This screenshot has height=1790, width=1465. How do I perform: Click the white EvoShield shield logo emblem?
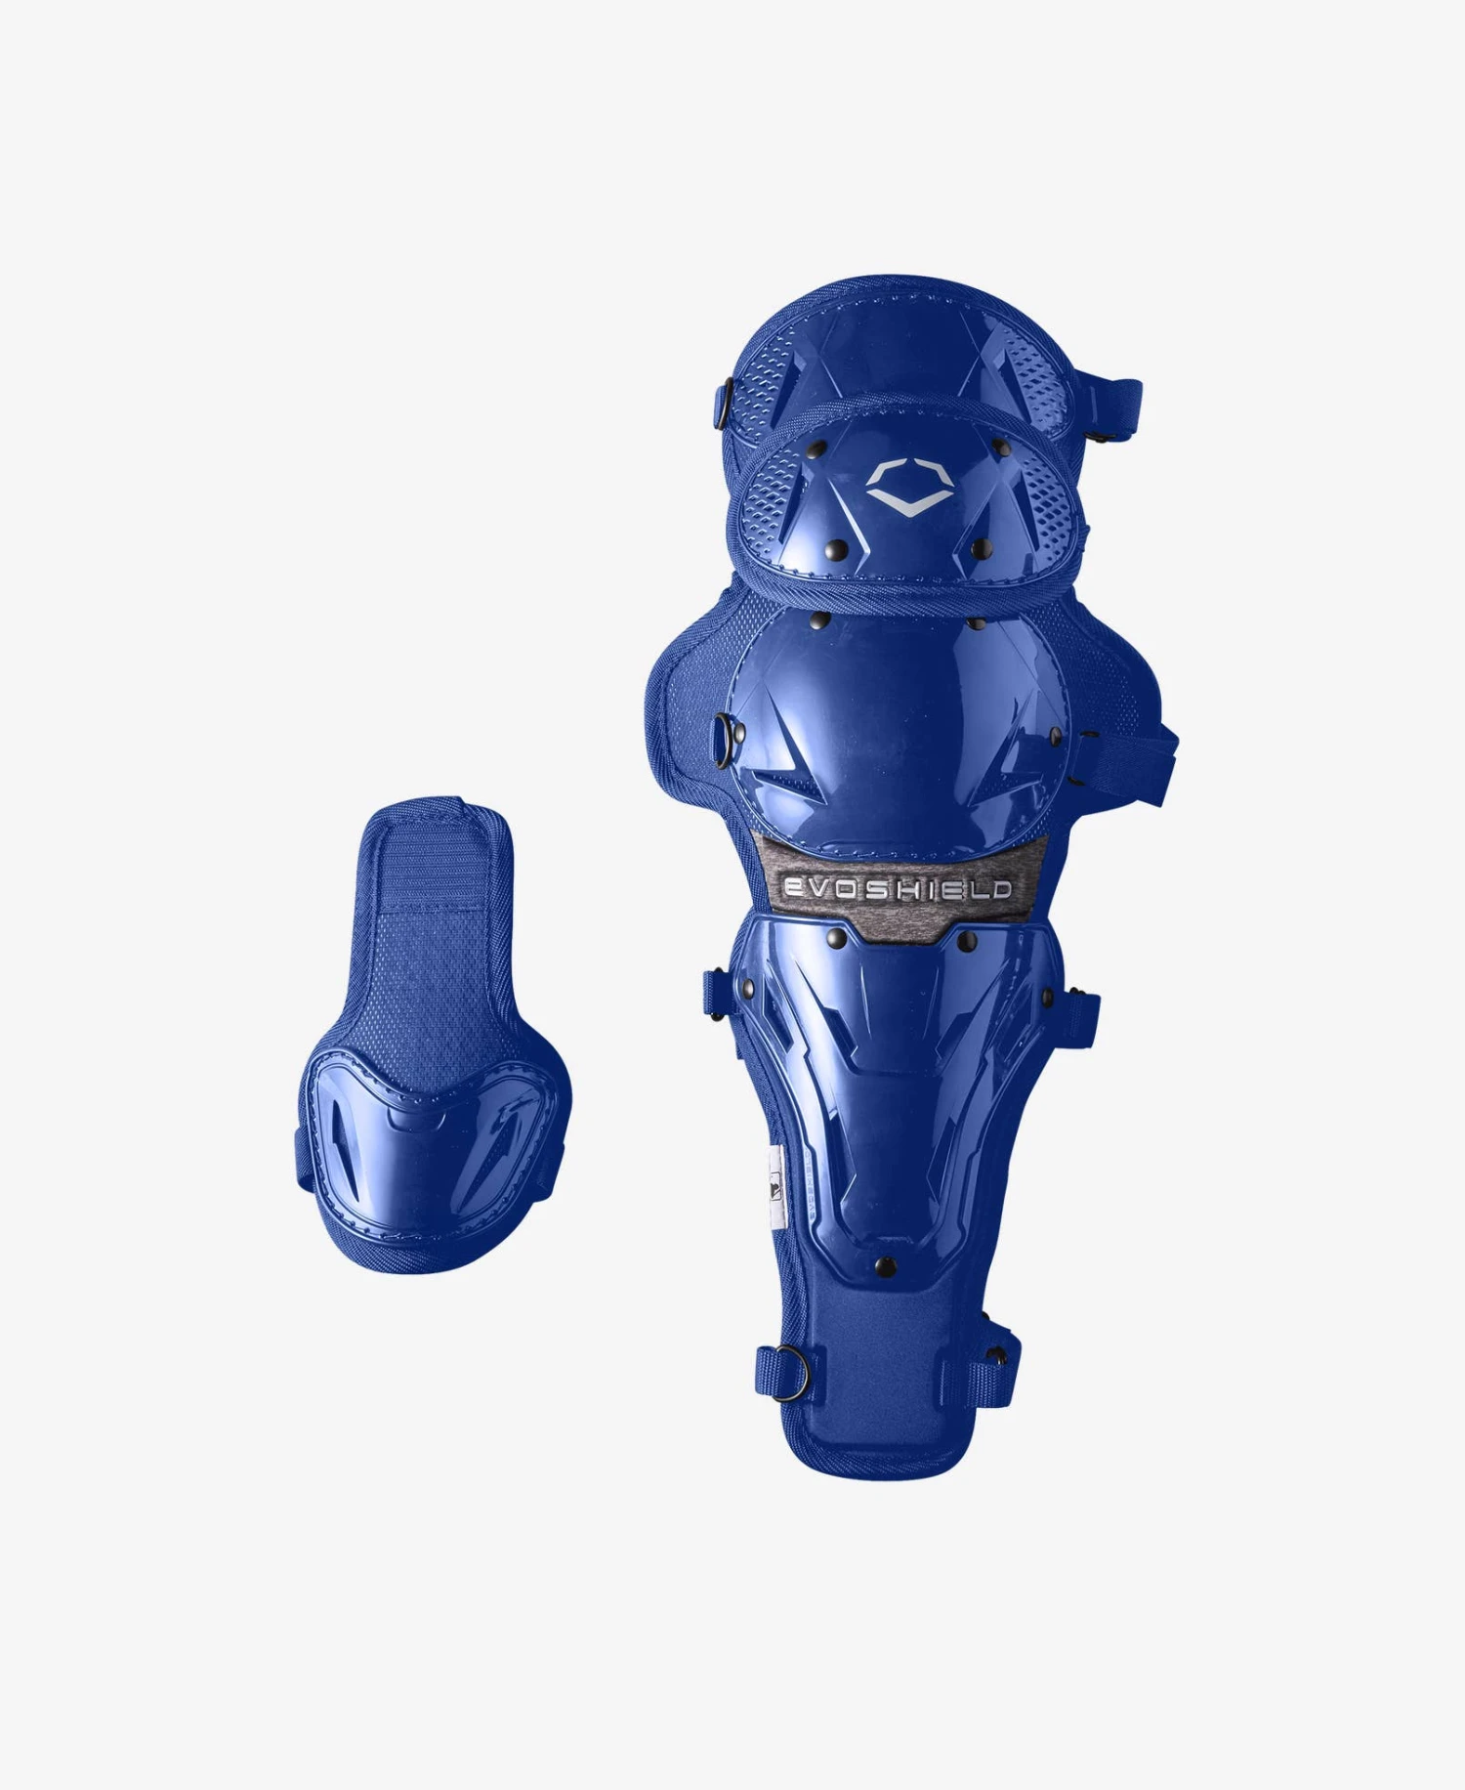[909, 487]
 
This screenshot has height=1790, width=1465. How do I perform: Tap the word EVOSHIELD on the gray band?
[898, 888]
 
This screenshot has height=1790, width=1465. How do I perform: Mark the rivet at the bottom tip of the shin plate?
[886, 1267]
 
